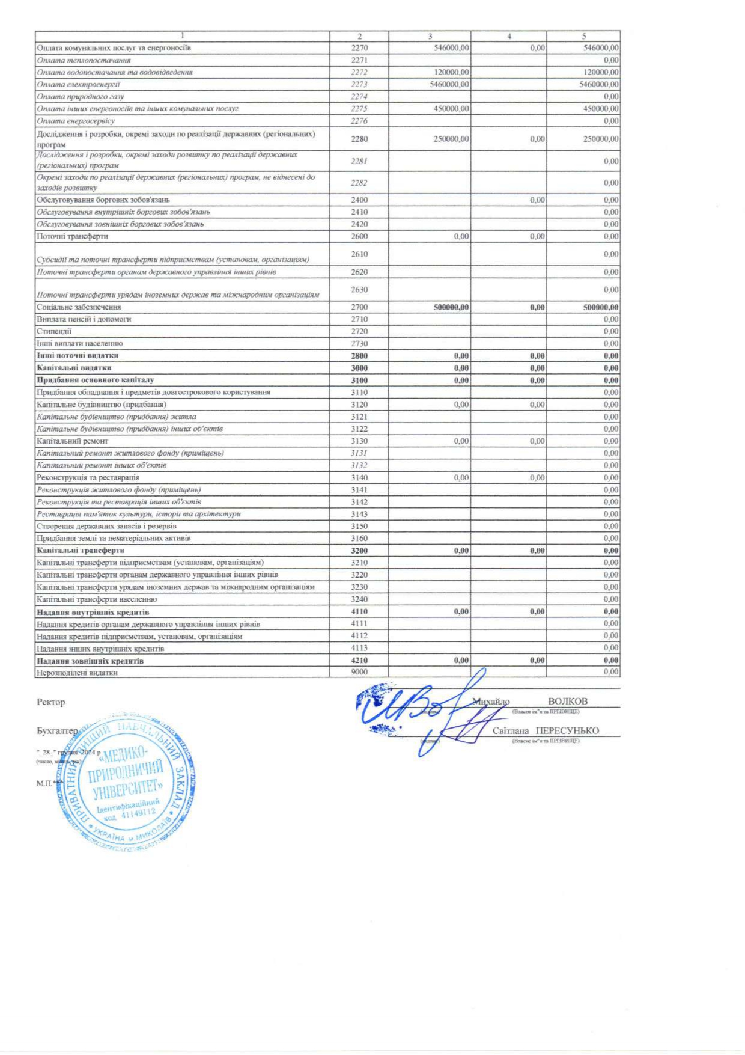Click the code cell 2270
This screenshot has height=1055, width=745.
(x=359, y=48)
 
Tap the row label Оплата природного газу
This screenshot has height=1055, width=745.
(x=81, y=96)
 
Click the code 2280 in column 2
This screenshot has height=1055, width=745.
(x=359, y=139)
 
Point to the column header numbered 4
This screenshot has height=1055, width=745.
(x=509, y=37)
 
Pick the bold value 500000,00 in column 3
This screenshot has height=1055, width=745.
(x=451, y=307)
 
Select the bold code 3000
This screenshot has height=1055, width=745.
(x=359, y=368)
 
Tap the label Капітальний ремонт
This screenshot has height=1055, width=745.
(x=72, y=441)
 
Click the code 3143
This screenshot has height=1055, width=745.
(x=359, y=514)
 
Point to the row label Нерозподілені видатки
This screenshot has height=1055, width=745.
(x=77, y=673)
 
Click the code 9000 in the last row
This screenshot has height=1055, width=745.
(x=359, y=672)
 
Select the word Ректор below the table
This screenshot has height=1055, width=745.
(x=51, y=702)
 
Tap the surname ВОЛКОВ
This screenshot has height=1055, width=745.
(x=568, y=702)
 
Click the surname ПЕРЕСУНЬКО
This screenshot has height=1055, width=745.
(x=567, y=731)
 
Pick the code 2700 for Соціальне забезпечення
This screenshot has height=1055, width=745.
(x=359, y=307)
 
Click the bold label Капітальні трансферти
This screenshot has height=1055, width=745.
(x=81, y=551)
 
